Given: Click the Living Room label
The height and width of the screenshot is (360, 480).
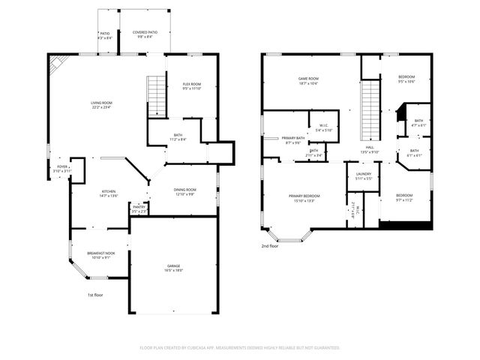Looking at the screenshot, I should [101, 103].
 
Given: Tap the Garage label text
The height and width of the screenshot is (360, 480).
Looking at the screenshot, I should [175, 266].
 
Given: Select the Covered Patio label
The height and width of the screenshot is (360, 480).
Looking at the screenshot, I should [145, 33].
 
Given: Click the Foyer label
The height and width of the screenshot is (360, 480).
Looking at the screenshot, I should [62, 167].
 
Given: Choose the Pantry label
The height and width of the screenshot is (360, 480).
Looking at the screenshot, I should [139, 207].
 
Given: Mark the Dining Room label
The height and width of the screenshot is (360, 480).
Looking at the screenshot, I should [185, 190].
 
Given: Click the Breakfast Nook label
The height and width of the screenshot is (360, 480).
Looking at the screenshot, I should [100, 253].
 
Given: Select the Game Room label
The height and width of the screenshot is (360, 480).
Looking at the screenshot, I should [309, 79].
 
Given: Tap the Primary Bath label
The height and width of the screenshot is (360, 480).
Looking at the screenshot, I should [293, 138].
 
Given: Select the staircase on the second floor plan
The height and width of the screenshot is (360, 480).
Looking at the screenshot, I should [370, 110].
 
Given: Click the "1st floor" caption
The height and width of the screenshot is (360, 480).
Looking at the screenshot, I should [94, 295].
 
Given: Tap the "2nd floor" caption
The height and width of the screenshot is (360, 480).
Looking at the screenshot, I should [269, 245].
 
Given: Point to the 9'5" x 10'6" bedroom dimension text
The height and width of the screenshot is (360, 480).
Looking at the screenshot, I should [406, 82].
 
